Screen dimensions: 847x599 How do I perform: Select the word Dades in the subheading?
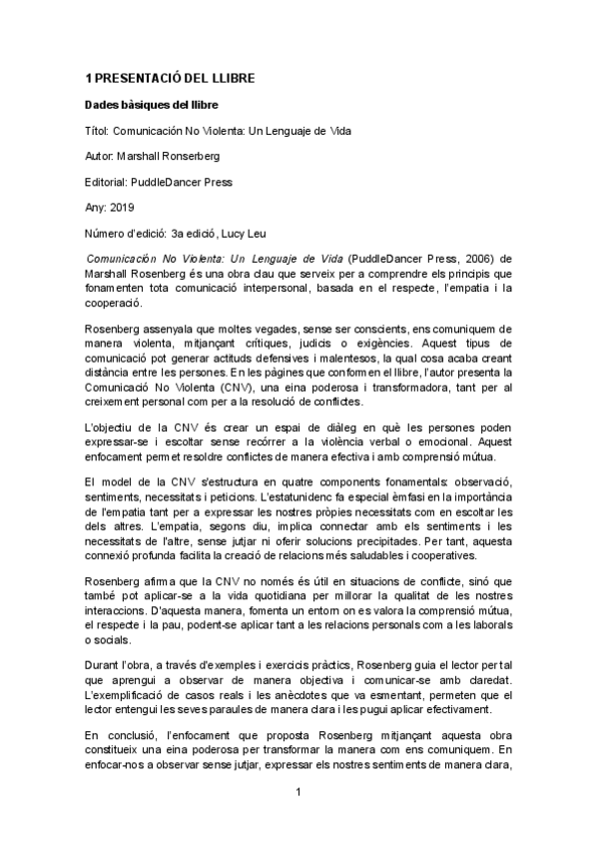[x=105, y=105]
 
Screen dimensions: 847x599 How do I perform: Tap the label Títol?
[x=99, y=131]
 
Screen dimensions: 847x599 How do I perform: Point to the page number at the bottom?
[x=299, y=793]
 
